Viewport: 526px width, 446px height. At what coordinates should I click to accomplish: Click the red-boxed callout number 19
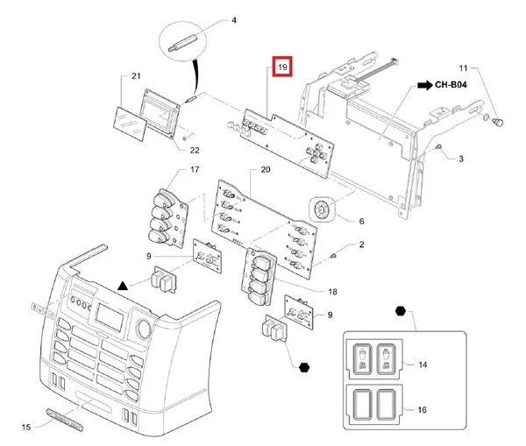pyautogui.click(x=282, y=67)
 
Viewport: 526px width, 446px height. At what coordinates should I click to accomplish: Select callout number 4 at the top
pyautogui.click(x=210, y=19)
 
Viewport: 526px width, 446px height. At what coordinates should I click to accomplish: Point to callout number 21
pyautogui.click(x=136, y=78)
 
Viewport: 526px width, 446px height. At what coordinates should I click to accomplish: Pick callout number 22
pyautogui.click(x=194, y=151)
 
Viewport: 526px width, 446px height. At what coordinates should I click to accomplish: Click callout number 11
pyautogui.click(x=466, y=67)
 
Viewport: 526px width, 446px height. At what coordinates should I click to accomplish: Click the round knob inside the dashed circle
pyautogui.click(x=322, y=209)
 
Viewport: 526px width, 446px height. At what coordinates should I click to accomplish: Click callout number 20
pyautogui.click(x=267, y=168)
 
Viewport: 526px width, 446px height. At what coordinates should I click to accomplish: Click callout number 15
pyautogui.click(x=26, y=427)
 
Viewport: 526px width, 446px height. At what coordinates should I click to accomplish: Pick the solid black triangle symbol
pyautogui.click(x=124, y=287)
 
